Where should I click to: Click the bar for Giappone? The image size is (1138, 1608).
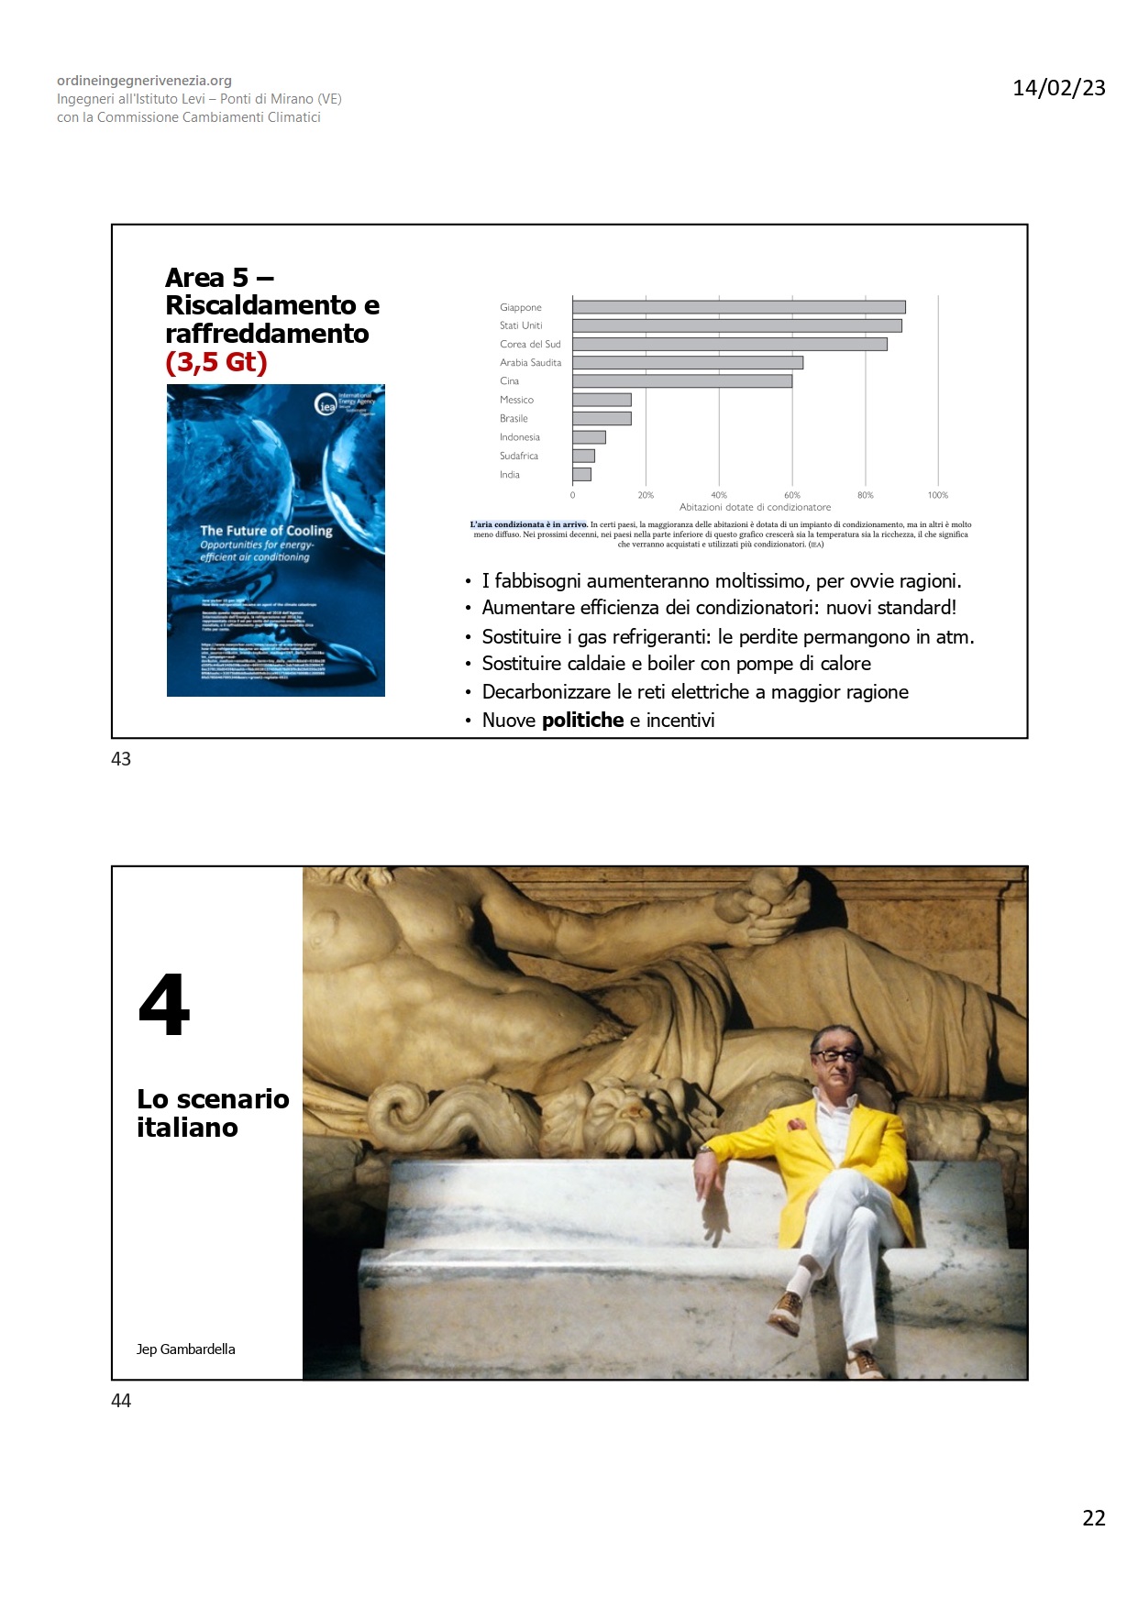coord(738,307)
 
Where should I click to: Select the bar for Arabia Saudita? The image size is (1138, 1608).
coord(687,363)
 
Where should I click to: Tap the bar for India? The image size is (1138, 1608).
coord(581,475)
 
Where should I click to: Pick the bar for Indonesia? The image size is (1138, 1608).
coord(589,437)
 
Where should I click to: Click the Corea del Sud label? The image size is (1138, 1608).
coord(530,345)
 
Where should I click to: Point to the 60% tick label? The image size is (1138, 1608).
coord(792,495)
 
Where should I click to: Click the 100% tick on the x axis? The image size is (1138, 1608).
coord(937,495)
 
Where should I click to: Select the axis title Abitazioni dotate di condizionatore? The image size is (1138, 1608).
coord(755,507)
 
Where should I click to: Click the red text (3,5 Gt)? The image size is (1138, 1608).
coord(216,362)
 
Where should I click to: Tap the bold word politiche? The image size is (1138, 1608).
coord(582,721)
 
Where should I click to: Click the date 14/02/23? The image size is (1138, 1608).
coord(1058,88)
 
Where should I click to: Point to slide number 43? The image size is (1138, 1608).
coord(121,759)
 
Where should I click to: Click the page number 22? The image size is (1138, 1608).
coord(1093,1518)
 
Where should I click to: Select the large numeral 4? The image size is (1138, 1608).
coord(164,1005)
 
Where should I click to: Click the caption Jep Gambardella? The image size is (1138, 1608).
coord(185,1349)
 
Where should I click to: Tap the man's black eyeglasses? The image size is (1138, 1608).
coord(835,1054)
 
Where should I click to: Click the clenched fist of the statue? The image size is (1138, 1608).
coord(776,908)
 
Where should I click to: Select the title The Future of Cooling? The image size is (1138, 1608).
coord(266,531)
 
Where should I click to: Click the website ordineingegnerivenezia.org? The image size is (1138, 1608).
coord(144,81)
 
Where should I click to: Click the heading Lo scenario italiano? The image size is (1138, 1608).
coord(213,1113)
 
